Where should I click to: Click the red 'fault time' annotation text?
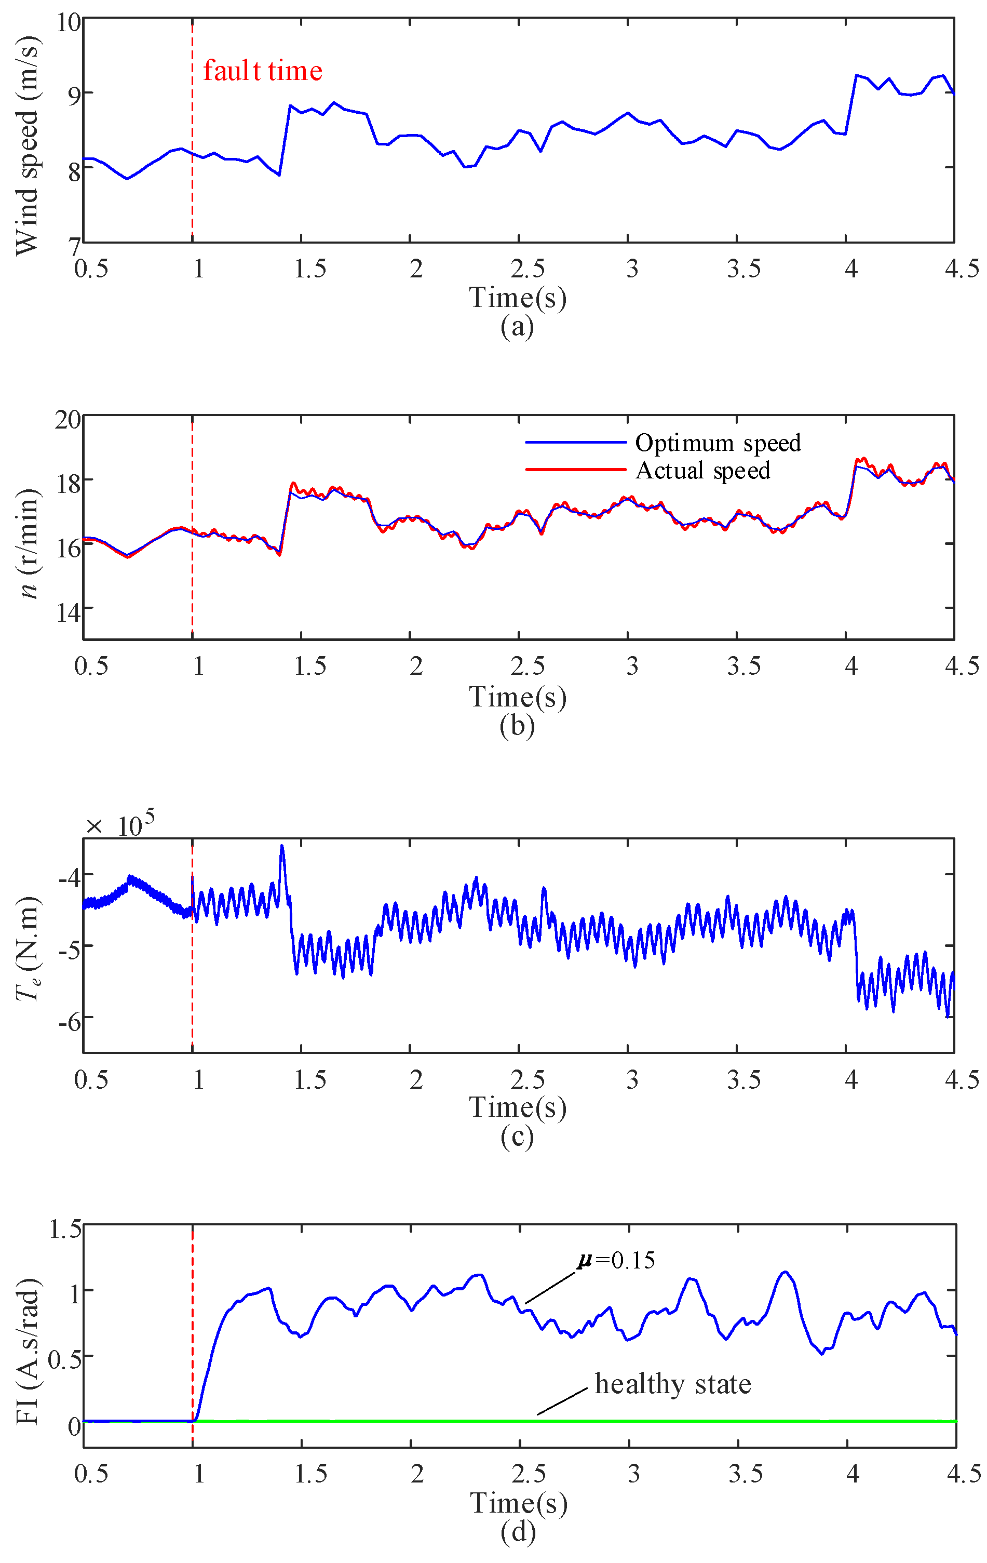coord(262,71)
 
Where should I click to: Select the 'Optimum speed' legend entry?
coord(718,443)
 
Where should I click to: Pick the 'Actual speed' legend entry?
coord(703,471)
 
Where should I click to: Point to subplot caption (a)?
coord(517,327)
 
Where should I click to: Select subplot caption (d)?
coord(518,1532)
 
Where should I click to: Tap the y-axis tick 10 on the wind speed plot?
coord(69,23)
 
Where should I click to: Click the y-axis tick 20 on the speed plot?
coord(67,420)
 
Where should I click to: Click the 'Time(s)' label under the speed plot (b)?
coord(517,697)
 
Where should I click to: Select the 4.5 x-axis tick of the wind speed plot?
coord(961,269)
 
